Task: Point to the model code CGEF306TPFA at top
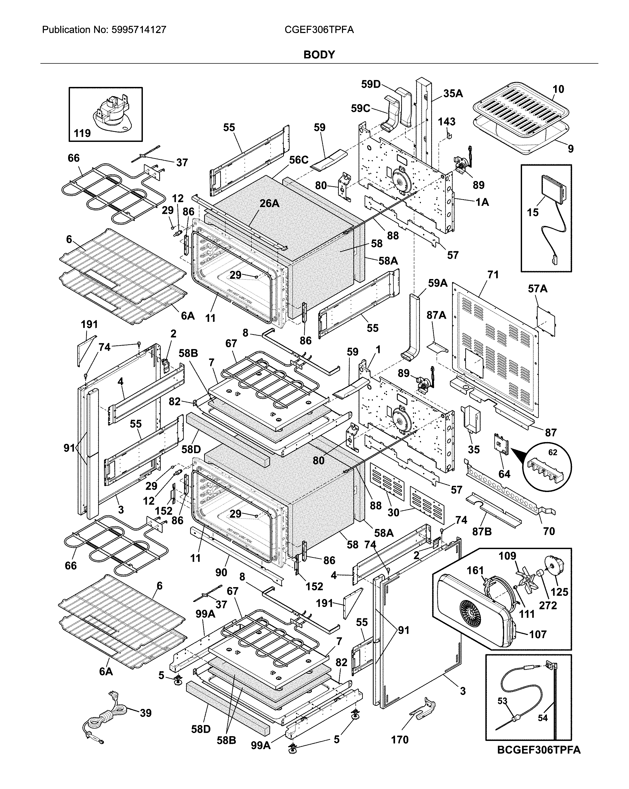tap(319, 30)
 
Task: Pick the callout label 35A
tap(453, 94)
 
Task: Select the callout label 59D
tap(371, 84)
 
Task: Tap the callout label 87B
tap(482, 531)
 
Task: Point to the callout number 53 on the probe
tap(503, 701)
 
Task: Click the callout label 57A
tap(538, 289)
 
